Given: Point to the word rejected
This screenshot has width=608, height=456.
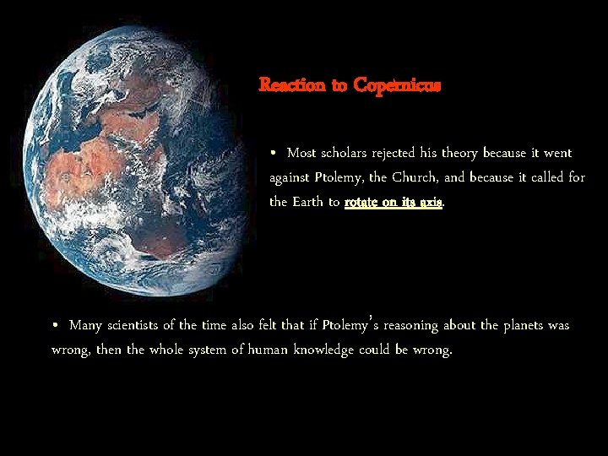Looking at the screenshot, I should tap(409, 153).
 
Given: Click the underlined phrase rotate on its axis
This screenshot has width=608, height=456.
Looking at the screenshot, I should tap(393, 203).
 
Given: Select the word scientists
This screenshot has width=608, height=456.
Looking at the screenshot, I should tap(142, 325).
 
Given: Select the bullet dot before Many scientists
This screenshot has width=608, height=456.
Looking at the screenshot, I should tap(56, 325).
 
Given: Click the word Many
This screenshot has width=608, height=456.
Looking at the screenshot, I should tap(86, 325).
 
